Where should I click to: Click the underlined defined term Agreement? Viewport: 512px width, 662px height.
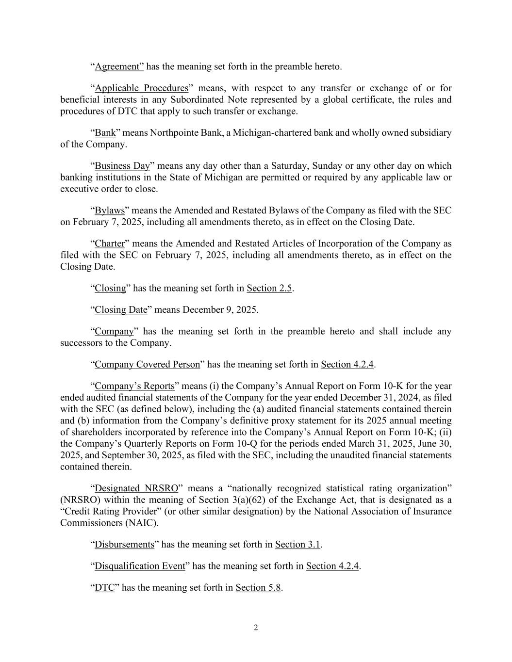pyautogui.click(x=118, y=66)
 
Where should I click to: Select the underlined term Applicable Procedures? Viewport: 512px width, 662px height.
pyautogui.click(x=141, y=88)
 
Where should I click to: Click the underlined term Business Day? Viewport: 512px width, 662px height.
pyautogui.click(x=122, y=166)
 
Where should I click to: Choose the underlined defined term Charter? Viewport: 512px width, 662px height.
pyautogui.click(x=110, y=243)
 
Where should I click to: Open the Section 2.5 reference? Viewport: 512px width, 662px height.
pyautogui.click(x=269, y=288)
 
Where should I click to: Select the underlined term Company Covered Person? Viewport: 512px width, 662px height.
pyautogui.click(x=147, y=364)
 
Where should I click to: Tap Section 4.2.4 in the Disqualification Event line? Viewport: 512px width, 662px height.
pyautogui.click(x=332, y=566)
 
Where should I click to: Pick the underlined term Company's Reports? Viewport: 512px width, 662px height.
pyautogui.click(x=134, y=386)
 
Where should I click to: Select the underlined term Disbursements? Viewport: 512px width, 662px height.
pyautogui.click(x=124, y=545)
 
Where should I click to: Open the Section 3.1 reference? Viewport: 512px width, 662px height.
pyautogui.click(x=298, y=545)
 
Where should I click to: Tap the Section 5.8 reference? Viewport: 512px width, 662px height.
pyautogui.click(x=259, y=587)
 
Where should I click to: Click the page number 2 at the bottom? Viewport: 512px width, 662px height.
pyautogui.click(x=256, y=628)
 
